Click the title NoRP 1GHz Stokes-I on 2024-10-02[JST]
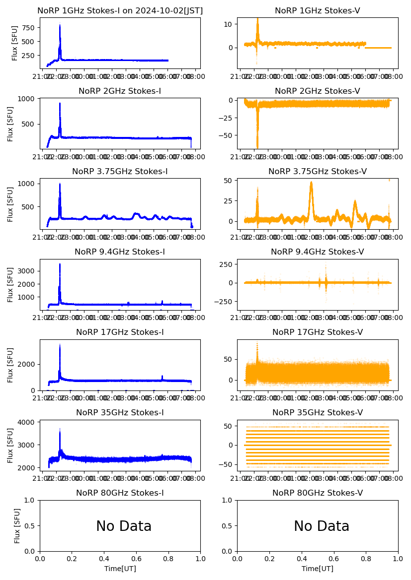(120, 10)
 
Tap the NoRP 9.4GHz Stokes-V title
(317, 252)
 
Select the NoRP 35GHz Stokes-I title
(120, 413)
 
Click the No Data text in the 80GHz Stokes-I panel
(124, 526)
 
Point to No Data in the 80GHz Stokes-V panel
(322, 526)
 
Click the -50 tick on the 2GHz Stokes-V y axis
(227, 135)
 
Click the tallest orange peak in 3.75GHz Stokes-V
(311, 182)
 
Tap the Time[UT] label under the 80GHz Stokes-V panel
(317, 569)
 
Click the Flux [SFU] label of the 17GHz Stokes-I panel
(11, 365)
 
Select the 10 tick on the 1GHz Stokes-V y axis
(230, 24)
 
